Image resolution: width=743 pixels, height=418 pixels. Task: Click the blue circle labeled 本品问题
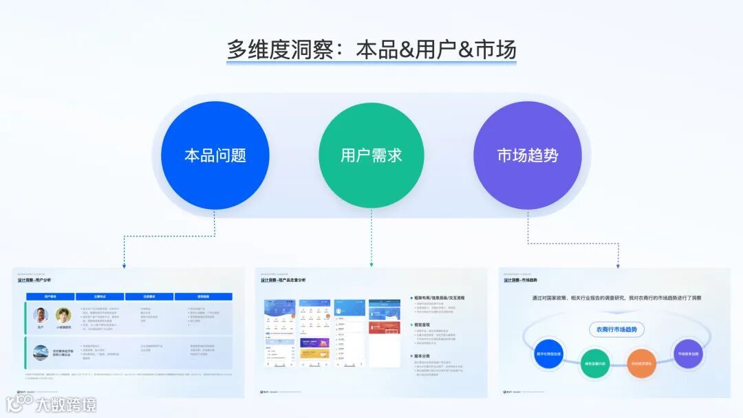pyautogui.click(x=215, y=155)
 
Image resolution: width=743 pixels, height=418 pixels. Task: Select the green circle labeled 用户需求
pyautogui.click(x=371, y=155)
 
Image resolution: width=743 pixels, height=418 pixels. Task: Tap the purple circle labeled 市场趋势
pyautogui.click(x=528, y=155)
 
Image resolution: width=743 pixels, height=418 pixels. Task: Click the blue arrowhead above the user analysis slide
pyautogui.click(x=124, y=265)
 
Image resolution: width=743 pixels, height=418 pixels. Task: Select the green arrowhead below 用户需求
pyautogui.click(x=371, y=264)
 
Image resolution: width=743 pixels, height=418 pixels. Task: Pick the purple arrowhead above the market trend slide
pyautogui.click(x=618, y=265)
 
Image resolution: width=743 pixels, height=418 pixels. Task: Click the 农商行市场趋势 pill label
pyautogui.click(x=616, y=329)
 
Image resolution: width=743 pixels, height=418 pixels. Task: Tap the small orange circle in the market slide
pyautogui.click(x=641, y=363)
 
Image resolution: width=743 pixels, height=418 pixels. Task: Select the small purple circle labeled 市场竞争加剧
pyautogui.click(x=687, y=353)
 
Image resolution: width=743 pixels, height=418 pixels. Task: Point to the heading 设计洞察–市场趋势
pyautogui.click(x=521, y=280)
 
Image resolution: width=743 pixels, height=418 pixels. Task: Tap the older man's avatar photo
pyautogui.click(x=41, y=316)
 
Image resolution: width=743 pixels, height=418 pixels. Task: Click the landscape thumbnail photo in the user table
pyautogui.click(x=41, y=353)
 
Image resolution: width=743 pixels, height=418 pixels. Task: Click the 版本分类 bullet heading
pyautogui.click(x=422, y=356)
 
